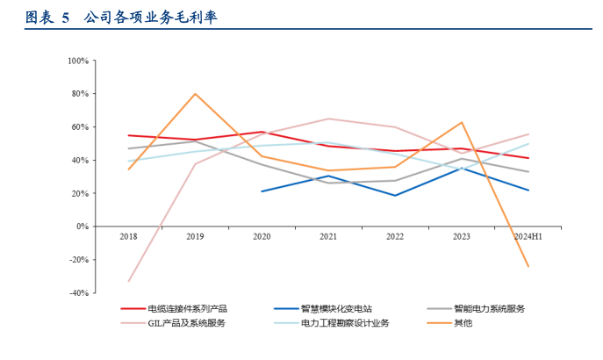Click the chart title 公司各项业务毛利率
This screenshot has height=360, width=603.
click(x=151, y=18)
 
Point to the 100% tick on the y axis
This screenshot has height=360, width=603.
click(x=78, y=61)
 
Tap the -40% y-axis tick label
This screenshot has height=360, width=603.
click(x=78, y=292)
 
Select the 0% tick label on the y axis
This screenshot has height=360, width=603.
click(x=82, y=227)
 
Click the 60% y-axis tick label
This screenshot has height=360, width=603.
click(x=80, y=127)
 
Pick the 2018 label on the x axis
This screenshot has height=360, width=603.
click(x=129, y=236)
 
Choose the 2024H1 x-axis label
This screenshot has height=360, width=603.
click(x=528, y=236)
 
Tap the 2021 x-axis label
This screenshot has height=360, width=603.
click(x=328, y=236)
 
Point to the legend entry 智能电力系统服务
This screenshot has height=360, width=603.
click(x=489, y=308)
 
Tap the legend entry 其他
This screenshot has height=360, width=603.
click(x=463, y=323)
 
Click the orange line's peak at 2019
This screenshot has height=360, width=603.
click(x=195, y=94)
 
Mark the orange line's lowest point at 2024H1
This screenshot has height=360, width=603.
click(x=528, y=266)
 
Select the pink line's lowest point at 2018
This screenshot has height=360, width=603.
click(x=129, y=281)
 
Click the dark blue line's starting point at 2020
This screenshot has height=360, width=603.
click(x=262, y=191)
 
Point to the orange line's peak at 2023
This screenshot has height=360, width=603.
click(x=462, y=122)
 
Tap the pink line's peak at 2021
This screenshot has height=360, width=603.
click(x=328, y=119)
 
